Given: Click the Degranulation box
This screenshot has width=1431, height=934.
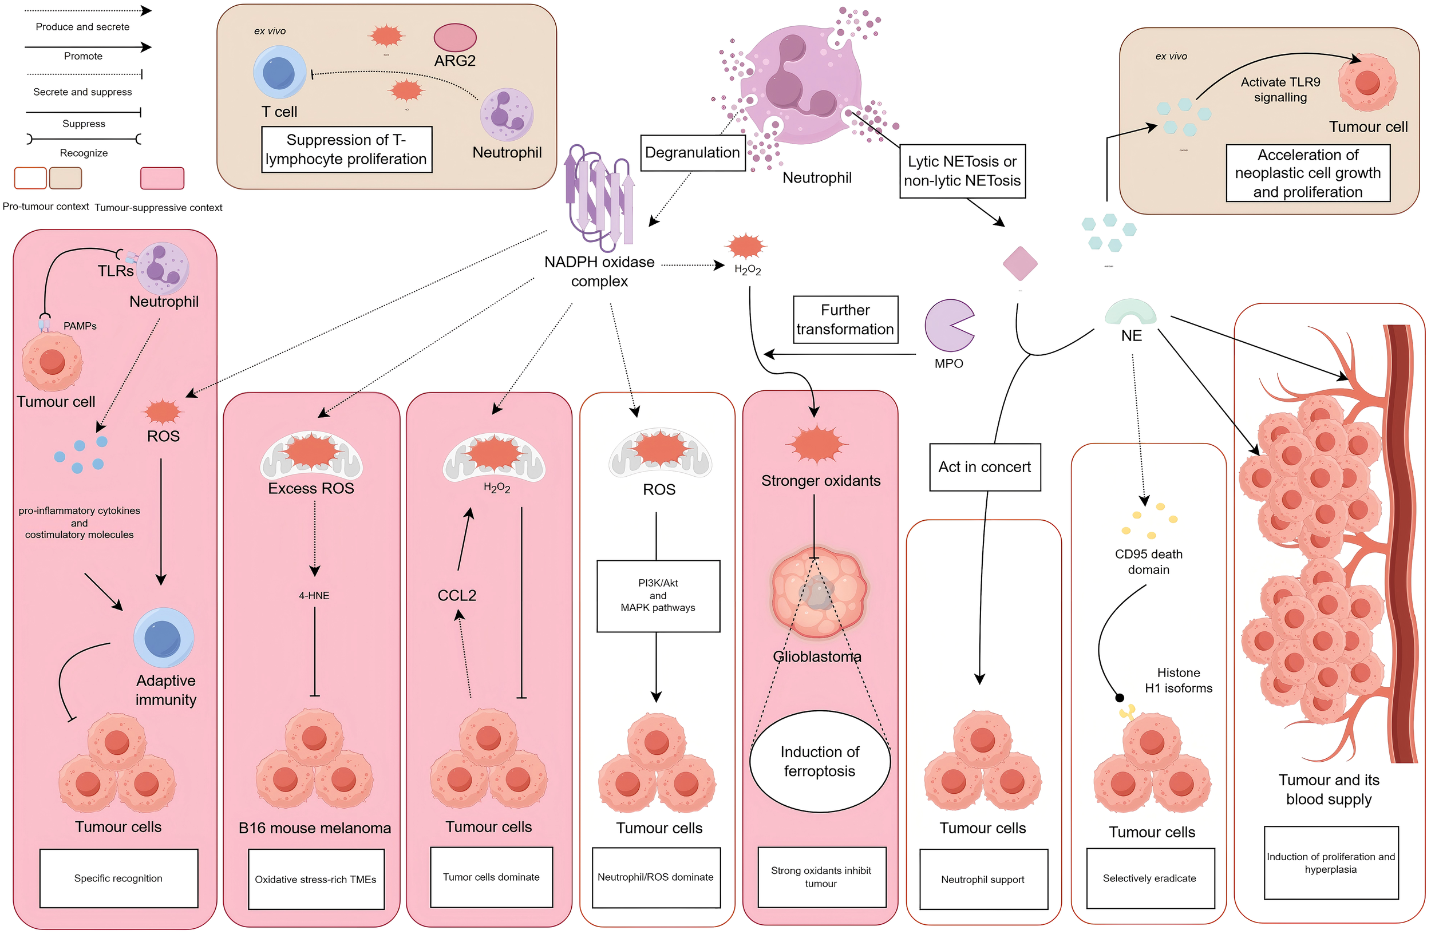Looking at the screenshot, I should (693, 153).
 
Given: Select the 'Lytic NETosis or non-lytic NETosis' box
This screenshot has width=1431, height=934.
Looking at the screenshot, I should (962, 171).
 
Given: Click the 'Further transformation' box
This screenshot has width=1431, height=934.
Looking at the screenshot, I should (845, 319).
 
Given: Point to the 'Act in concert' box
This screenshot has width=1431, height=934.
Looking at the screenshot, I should (985, 467).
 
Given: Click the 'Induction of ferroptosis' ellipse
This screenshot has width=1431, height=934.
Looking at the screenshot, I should (819, 761).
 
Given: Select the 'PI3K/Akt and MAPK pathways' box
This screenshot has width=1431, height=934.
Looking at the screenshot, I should (658, 596).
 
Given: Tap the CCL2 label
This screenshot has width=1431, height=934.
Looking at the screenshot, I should (456, 595).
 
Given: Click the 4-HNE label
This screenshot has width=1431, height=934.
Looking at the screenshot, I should (314, 596).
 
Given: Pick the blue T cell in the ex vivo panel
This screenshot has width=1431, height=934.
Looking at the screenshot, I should (279, 72).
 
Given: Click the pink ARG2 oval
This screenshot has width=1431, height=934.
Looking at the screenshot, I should (454, 37).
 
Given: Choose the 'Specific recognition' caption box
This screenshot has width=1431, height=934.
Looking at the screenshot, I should (118, 877).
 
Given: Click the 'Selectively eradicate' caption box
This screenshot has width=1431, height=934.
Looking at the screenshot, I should (1149, 878).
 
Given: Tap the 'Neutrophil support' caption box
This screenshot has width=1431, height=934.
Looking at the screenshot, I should (982, 879).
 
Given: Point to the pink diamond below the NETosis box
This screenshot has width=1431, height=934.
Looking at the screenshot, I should (1020, 263).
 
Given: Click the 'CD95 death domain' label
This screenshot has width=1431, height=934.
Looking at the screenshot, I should (1148, 561).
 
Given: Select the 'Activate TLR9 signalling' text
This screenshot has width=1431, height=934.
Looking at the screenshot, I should (1280, 89).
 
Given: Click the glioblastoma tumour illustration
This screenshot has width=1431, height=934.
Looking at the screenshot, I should (819, 592).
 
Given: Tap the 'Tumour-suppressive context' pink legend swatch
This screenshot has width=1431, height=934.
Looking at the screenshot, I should (162, 178).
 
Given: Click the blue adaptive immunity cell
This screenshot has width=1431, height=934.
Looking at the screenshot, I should (164, 637).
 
